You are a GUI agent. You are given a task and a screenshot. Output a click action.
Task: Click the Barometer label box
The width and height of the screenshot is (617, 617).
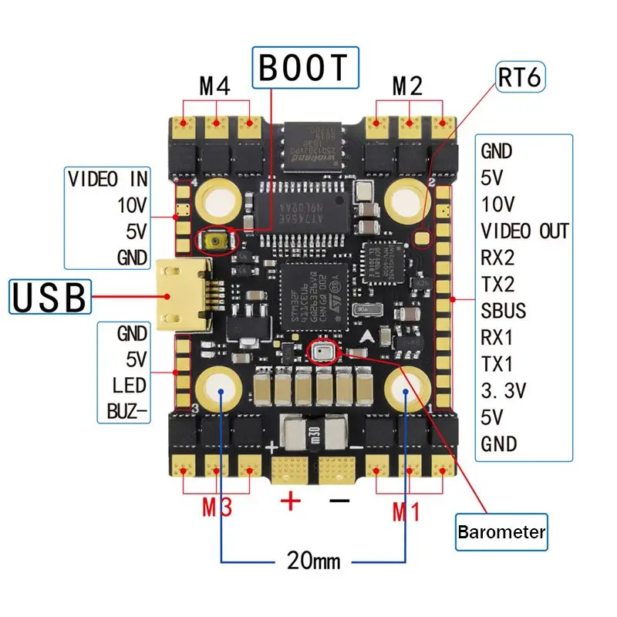click(x=501, y=532)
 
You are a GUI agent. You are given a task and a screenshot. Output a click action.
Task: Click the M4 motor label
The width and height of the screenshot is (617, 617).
click(x=215, y=86)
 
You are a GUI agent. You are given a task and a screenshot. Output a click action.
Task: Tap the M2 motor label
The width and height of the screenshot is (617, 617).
click(x=407, y=86)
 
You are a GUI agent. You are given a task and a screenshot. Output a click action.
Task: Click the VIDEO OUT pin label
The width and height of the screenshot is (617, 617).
click(x=524, y=231)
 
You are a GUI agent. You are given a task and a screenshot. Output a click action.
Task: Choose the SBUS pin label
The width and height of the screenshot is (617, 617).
click(x=504, y=311)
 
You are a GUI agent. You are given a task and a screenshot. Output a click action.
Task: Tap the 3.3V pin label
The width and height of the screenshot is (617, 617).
click(x=503, y=390)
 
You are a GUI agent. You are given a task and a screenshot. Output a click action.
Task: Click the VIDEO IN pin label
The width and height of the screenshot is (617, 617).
click(x=108, y=180)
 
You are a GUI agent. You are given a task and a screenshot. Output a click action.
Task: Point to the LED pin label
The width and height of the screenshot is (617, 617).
click(x=129, y=384)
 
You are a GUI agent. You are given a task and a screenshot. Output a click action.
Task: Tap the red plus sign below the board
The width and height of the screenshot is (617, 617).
click(x=291, y=502)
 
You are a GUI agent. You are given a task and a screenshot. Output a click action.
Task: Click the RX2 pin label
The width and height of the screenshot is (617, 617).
click(x=497, y=258)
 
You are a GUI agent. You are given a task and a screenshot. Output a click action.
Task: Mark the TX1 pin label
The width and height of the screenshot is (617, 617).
click(x=497, y=363)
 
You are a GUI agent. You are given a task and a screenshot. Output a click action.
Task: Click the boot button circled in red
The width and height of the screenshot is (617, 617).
click(x=217, y=243)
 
